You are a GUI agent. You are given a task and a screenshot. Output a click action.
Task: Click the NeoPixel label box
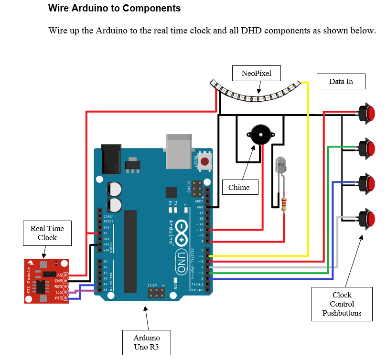point(256,74)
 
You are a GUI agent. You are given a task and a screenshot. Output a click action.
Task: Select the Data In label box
point(341,82)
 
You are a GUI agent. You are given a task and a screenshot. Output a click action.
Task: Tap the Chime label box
point(239,187)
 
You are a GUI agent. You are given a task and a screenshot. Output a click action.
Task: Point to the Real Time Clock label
point(47,233)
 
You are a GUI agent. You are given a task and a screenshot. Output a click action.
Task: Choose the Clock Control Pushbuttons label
point(342,304)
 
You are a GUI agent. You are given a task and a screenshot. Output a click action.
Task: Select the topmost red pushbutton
point(368,113)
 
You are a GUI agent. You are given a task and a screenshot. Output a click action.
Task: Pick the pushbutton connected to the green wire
point(368,148)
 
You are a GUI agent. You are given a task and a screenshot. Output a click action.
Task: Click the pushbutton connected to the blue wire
point(368,183)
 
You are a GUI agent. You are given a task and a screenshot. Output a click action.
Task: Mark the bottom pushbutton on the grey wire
point(368,218)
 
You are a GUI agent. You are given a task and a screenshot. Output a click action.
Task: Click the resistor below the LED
point(285,204)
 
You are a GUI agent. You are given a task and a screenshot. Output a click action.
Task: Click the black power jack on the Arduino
point(111,159)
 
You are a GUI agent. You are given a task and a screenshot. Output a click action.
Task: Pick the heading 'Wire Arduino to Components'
point(115,9)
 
